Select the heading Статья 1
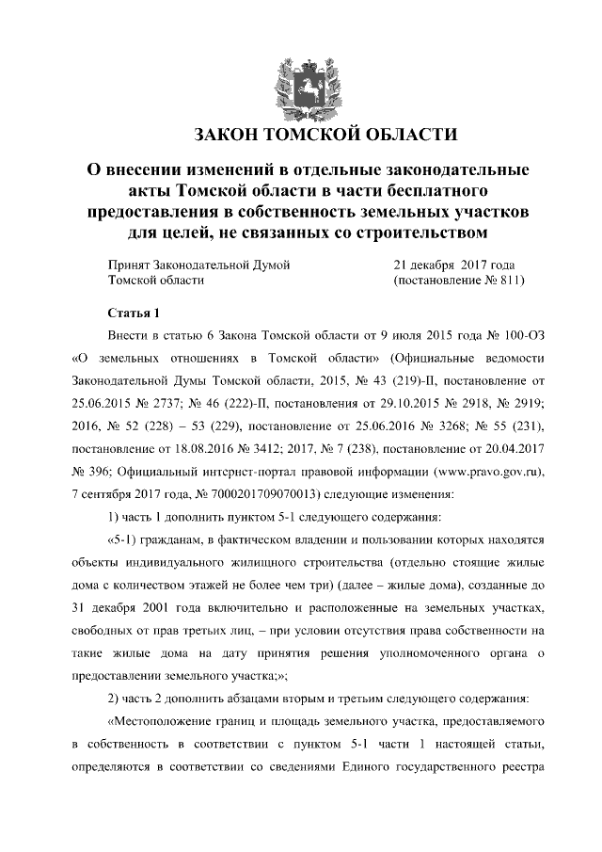click(135, 313)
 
